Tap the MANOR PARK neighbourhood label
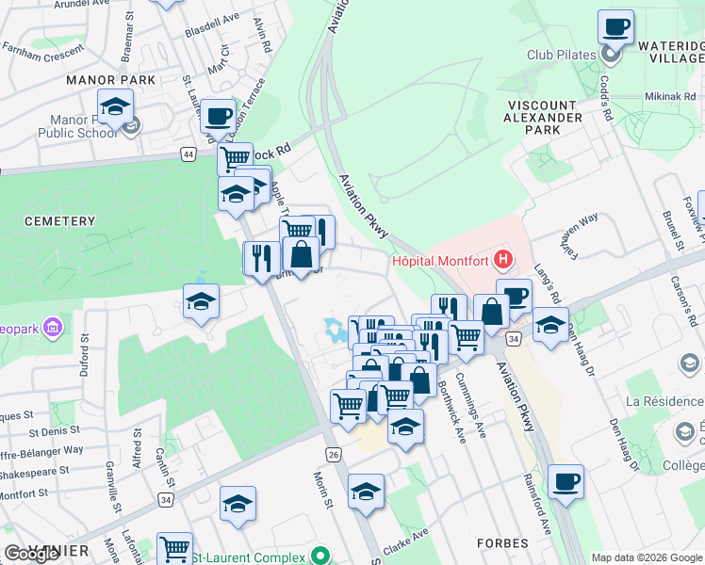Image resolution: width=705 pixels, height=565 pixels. click(x=110, y=80)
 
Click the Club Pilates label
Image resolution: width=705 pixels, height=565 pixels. click(x=562, y=55)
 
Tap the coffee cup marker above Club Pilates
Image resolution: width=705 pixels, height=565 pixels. click(x=616, y=28)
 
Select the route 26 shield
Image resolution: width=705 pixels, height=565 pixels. click(x=333, y=454)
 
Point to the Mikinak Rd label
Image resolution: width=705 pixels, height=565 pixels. click(x=670, y=97)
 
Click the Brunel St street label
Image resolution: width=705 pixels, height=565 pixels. click(x=670, y=230)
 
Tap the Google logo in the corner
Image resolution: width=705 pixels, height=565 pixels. click(x=32, y=553)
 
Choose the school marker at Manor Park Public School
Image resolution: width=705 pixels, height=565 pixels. click(x=114, y=108)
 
